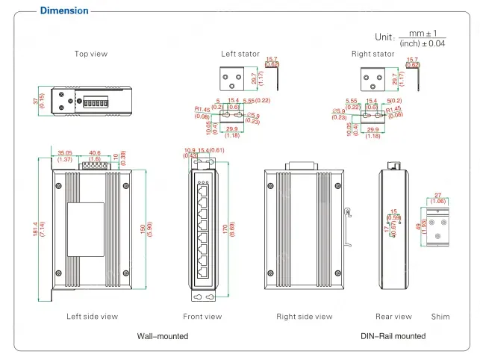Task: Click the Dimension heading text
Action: [63, 10]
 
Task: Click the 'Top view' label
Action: [91, 54]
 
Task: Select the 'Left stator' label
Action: [240, 54]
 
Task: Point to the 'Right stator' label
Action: [373, 54]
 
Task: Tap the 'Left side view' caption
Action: [92, 317]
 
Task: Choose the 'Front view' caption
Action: [202, 317]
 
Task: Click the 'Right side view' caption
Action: [304, 317]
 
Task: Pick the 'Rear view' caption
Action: [393, 317]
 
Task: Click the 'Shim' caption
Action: [440, 317]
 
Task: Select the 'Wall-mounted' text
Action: [162, 336]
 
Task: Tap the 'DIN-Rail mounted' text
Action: [393, 336]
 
